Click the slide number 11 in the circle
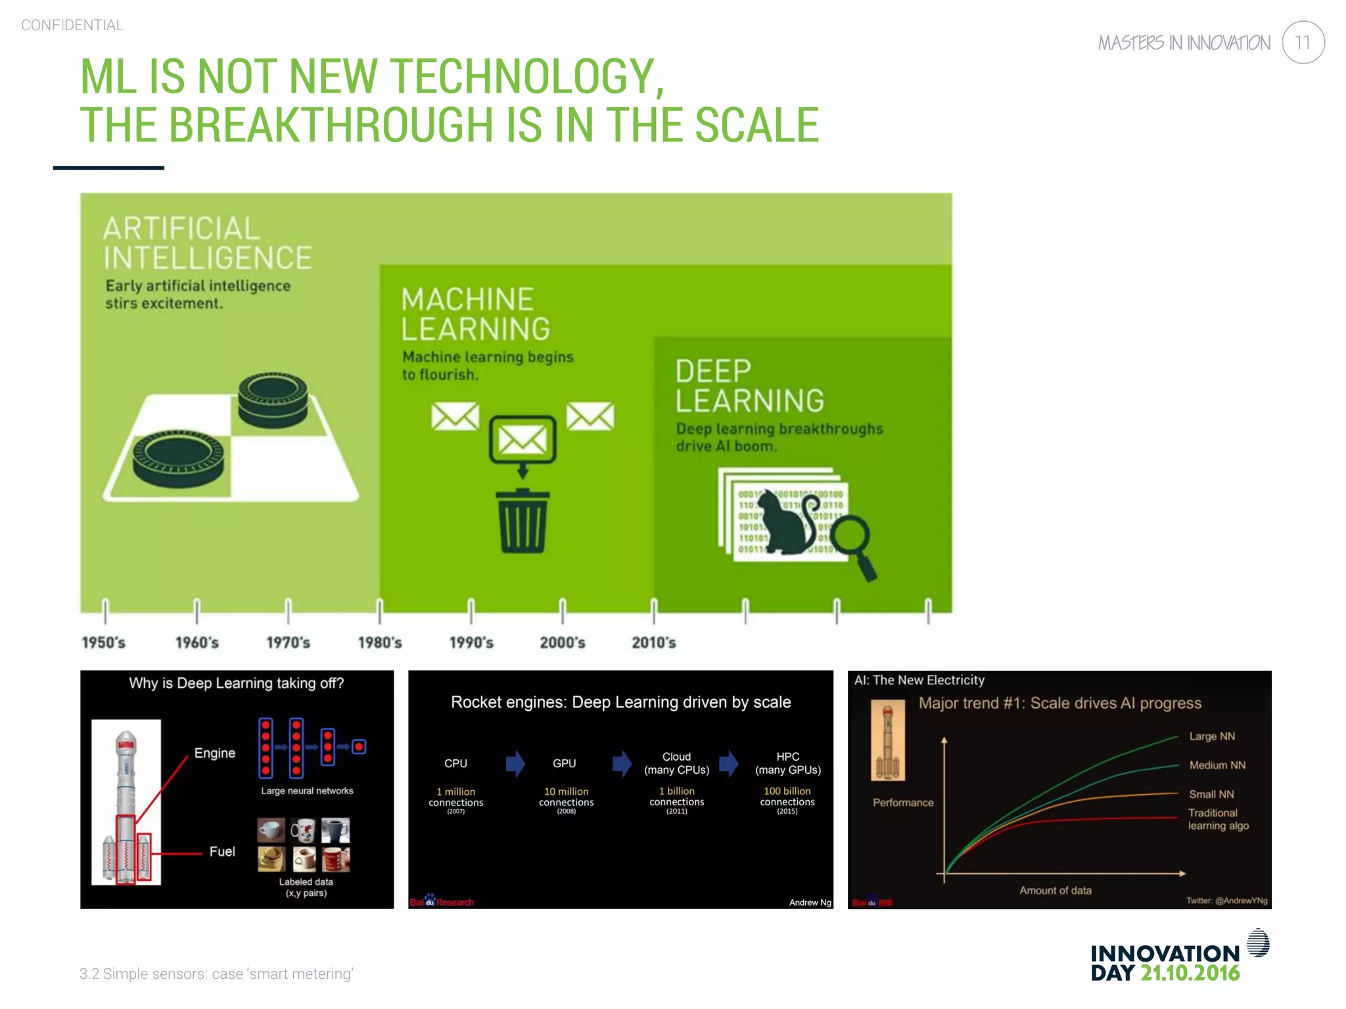point(1303,43)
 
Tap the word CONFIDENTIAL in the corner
point(72,25)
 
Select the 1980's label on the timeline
point(380,642)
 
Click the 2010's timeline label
point(653,642)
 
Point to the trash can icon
point(522,522)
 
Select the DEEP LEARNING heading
point(749,386)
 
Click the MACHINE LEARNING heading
point(476,314)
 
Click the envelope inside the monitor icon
point(522,439)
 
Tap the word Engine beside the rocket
point(214,753)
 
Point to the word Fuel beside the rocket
point(222,851)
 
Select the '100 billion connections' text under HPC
point(787,796)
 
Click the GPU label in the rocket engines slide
point(564,763)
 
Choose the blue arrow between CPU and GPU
point(515,763)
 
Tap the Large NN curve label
point(1211,736)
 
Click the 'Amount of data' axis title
point(1055,890)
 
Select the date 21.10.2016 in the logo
point(1190,973)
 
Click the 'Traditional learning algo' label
point(1217,819)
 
